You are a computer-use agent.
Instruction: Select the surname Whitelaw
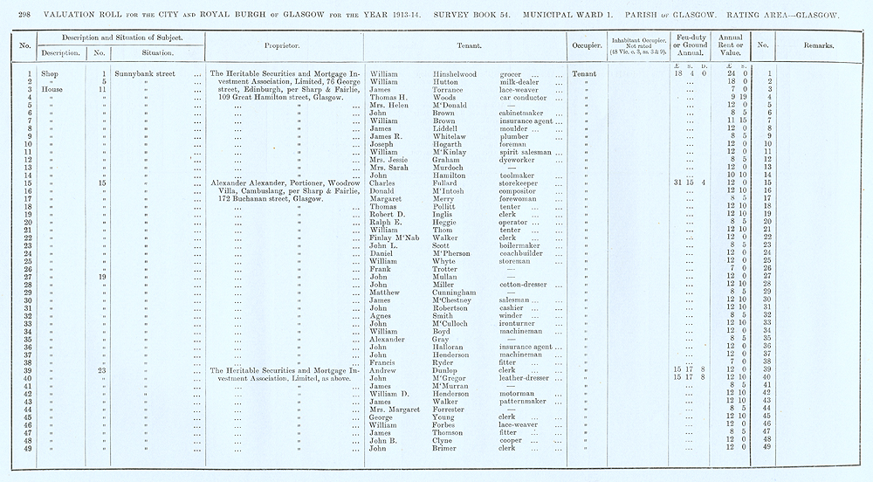pyautogui.click(x=454, y=136)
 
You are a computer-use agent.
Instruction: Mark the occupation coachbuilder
pyautogui.click(x=523, y=253)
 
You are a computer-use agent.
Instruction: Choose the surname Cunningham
pyautogui.click(x=458, y=293)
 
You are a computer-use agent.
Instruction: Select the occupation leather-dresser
pyautogui.click(x=526, y=378)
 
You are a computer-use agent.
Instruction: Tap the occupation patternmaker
pyautogui.click(x=524, y=402)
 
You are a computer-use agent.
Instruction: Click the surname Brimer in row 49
pyautogui.click(x=449, y=448)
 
